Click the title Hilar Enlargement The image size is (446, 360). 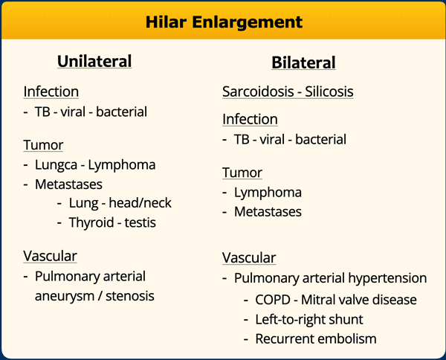(224, 22)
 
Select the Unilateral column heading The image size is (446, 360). (94, 61)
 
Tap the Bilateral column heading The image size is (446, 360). (303, 62)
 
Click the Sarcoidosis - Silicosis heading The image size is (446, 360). (288, 91)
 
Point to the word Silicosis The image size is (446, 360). (329, 91)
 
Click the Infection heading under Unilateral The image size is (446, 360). (51, 91)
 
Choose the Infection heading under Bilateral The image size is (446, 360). (250, 119)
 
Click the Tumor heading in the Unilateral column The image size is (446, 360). (43, 145)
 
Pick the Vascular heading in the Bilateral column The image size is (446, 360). (249, 258)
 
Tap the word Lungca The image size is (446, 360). (56, 165)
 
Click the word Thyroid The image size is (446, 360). (91, 223)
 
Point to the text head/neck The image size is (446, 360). (140, 203)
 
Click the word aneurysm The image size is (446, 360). (65, 297)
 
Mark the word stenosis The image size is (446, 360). (130, 296)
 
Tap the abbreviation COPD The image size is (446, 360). (273, 300)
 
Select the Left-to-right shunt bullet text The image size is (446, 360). (309, 319)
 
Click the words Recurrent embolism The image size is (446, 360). (316, 339)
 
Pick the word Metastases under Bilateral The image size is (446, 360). (268, 212)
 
